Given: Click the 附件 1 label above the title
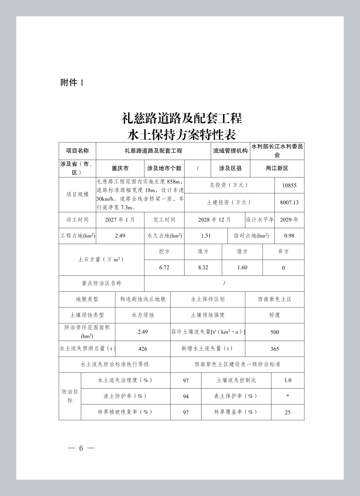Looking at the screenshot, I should coord(72,83).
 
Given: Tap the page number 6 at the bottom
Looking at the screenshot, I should coord(81,448).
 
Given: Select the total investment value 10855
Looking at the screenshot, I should coord(289,186).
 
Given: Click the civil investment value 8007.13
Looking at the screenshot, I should coord(289,203).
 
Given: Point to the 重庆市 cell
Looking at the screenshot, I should coord(120,168).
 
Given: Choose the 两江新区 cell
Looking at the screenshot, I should coord(277,168).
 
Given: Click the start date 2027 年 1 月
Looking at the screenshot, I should coord(120,220).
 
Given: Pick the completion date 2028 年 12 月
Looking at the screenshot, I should coord(214,220).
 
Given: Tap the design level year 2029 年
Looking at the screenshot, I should coord(289,220).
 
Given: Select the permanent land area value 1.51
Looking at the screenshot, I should coord(206,236).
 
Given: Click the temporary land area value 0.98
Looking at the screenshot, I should coord(289,236).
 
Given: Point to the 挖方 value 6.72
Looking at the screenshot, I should coord(164,268).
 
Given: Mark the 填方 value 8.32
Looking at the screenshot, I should coord(203,268).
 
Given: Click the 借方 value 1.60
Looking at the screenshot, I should coord(242,268).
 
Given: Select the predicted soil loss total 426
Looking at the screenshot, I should coord(143,349).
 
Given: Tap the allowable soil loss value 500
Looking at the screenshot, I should coord(274,332).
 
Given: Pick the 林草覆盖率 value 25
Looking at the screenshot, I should coord(288,412).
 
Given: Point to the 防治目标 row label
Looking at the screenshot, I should coord(70,396).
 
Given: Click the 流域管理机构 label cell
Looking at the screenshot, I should coord(230,151).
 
